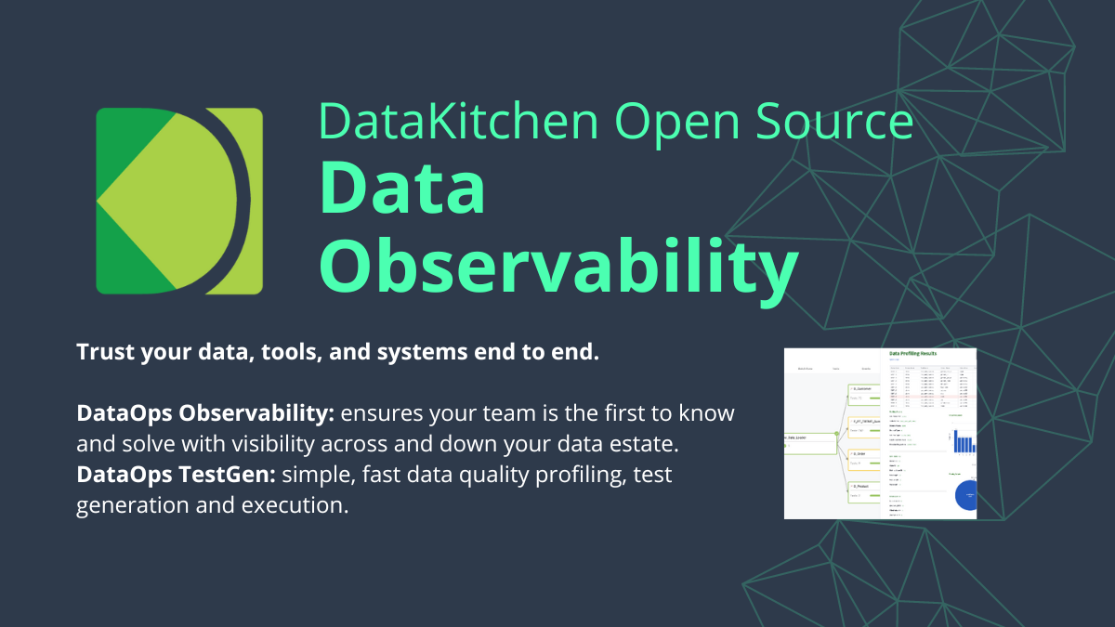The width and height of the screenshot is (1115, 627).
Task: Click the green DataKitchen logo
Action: [x=179, y=201]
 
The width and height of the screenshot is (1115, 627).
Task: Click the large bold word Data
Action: [x=402, y=190]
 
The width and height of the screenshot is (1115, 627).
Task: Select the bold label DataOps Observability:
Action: [x=205, y=412]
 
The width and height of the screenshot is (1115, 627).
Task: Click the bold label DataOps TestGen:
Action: [x=176, y=476]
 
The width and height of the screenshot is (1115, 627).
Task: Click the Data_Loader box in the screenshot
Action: [x=808, y=442]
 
